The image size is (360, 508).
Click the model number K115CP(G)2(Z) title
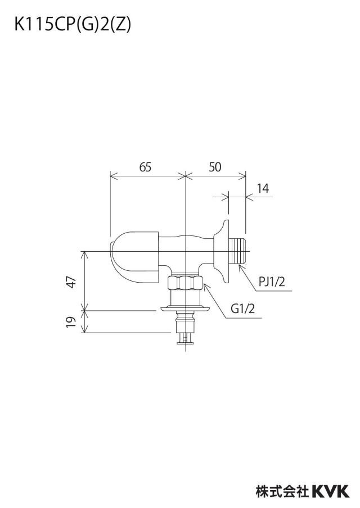(73, 25)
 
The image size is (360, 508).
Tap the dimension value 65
(145, 167)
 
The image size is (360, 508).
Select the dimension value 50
(215, 167)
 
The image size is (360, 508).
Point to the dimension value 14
(263, 188)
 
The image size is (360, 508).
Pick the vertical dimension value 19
(71, 321)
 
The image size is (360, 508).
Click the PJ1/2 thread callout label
(272, 282)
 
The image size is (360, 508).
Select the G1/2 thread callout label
(242, 309)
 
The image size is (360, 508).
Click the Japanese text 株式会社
(282, 491)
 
